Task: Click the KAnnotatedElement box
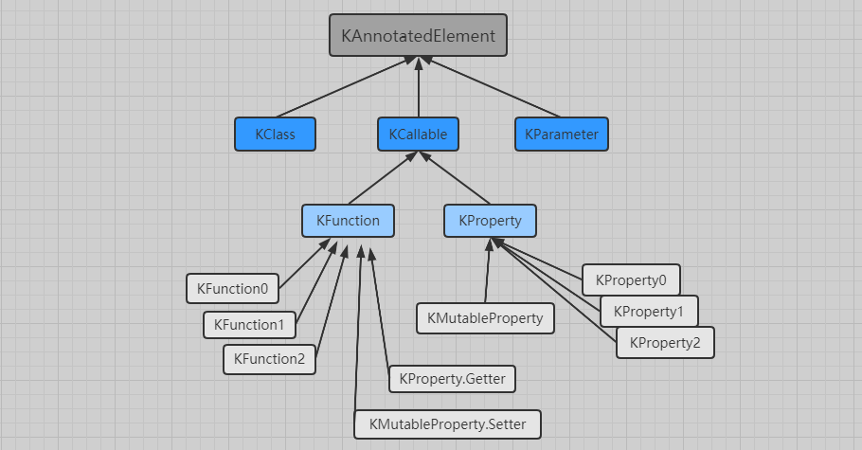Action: click(x=418, y=35)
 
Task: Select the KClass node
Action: click(x=275, y=134)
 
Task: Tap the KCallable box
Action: click(x=418, y=134)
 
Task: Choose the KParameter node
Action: click(x=562, y=134)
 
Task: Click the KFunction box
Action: click(x=348, y=221)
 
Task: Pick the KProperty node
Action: click(x=490, y=221)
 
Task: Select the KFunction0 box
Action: click(x=232, y=288)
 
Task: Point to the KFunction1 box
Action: click(x=249, y=324)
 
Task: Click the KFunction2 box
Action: click(x=269, y=359)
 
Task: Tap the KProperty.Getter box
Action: click(x=453, y=379)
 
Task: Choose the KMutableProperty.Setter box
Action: click(x=447, y=423)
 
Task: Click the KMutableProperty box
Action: click(x=485, y=318)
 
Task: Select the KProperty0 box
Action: click(x=631, y=279)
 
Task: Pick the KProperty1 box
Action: click(x=649, y=311)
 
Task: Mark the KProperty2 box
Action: click(x=664, y=342)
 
